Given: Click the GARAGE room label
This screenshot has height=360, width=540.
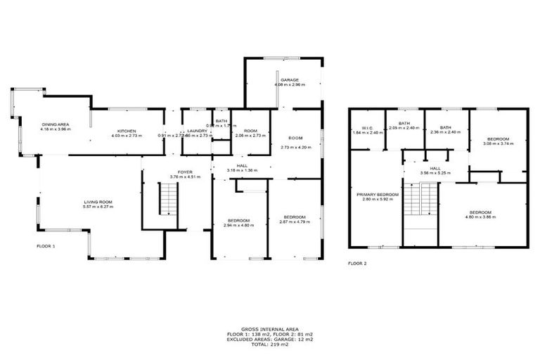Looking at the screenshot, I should [x=290, y=80].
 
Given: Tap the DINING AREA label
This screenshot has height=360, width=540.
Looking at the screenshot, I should [x=53, y=124].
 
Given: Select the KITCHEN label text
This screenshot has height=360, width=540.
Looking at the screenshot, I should [x=127, y=131].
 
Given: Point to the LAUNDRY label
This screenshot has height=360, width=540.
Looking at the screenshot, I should [x=196, y=131].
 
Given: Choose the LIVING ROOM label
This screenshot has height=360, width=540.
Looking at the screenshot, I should [x=97, y=202].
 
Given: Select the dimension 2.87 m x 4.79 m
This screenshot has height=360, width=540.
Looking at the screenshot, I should [x=294, y=221].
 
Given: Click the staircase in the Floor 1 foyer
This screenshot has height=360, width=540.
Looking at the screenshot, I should [x=168, y=198].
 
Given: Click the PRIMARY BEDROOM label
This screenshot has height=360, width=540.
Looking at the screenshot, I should [x=378, y=194].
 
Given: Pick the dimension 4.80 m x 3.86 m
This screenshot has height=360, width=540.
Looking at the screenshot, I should [x=480, y=217].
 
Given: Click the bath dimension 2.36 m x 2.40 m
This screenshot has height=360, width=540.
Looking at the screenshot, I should [x=445, y=132].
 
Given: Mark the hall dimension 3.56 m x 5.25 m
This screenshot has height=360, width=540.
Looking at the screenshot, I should [x=435, y=173].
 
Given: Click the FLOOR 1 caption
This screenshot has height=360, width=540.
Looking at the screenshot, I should [x=46, y=246].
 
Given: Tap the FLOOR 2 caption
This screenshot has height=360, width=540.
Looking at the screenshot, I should [x=357, y=264].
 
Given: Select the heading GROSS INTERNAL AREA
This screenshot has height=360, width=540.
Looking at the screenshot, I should [x=270, y=328].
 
